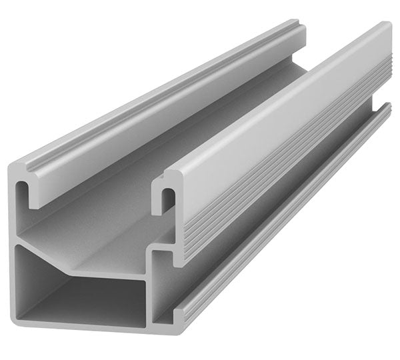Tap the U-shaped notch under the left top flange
(27, 191)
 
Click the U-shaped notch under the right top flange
(169, 199)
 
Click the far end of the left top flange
(293, 30)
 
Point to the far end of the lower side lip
(387, 107)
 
